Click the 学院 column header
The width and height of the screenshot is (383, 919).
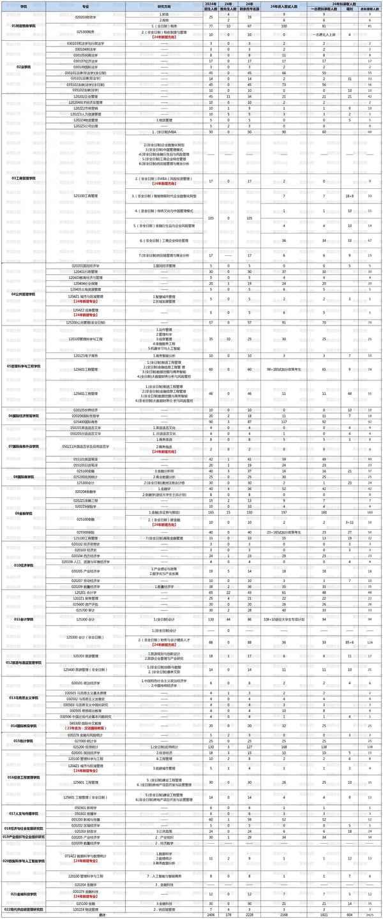[24, 6]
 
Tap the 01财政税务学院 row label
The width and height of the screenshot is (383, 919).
[24, 26]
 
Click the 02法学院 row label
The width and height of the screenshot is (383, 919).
[24, 66]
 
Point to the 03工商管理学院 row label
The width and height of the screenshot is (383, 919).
[24, 178]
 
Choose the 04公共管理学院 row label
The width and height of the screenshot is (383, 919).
[24, 294]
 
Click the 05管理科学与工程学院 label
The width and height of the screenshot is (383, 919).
[24, 366]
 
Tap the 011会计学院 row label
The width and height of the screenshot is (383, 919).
[24, 619]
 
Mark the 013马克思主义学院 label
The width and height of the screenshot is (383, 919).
[24, 698]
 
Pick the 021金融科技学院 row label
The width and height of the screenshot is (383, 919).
[24, 893]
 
